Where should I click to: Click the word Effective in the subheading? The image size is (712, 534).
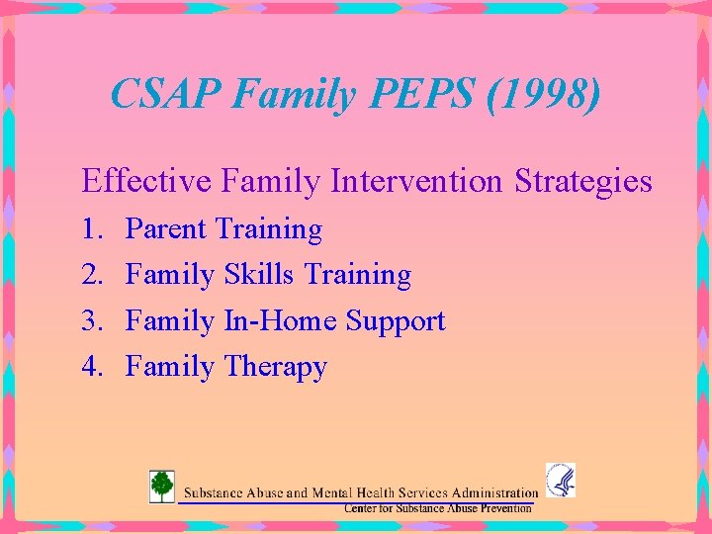(x=147, y=182)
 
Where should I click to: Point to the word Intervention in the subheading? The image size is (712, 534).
(x=417, y=182)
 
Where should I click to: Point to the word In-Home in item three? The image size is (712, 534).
(x=280, y=321)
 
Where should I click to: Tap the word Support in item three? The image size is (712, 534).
(x=396, y=321)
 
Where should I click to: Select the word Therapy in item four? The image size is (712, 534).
(x=275, y=368)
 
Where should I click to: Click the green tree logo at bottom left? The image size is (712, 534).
(x=161, y=486)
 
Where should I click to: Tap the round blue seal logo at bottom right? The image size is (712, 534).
(x=560, y=480)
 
